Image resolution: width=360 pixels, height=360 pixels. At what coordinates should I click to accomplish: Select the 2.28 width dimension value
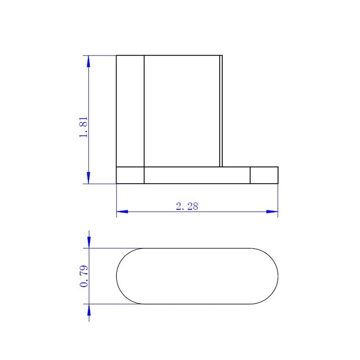click(x=187, y=207)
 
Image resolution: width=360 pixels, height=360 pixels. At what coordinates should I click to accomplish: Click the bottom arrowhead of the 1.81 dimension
click(x=89, y=179)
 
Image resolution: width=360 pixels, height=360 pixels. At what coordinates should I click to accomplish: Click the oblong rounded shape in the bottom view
click(x=197, y=276)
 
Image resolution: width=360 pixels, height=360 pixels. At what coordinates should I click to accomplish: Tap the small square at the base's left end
click(x=130, y=175)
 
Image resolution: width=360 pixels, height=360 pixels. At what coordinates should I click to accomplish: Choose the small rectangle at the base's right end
click(x=264, y=175)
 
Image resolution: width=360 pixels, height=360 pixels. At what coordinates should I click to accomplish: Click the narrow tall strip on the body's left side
click(x=130, y=111)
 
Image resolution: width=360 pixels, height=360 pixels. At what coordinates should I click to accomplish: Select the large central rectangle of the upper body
click(x=182, y=111)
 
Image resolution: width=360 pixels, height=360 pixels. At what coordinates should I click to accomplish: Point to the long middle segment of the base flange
click(x=197, y=175)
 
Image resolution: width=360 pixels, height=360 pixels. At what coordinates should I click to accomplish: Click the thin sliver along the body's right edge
click(x=221, y=111)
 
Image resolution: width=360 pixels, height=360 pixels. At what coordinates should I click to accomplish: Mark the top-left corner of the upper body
click(x=117, y=55)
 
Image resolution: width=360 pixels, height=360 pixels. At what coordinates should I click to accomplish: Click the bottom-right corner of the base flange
click(x=278, y=184)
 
